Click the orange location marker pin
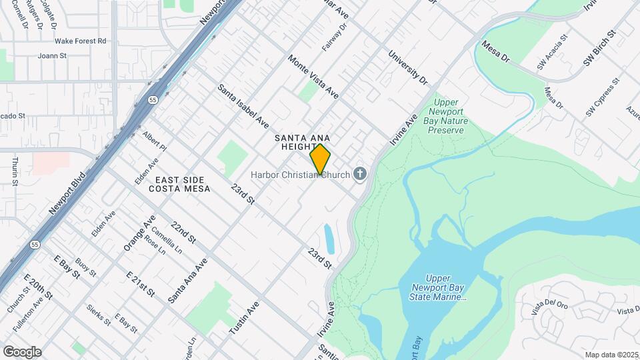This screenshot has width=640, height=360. [x=321, y=159]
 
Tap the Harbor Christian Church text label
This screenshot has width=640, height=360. [x=300, y=175]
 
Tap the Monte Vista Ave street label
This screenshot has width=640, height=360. [x=313, y=77]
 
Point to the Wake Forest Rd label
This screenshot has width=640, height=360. [x=81, y=41]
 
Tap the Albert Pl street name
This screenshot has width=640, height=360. [x=154, y=141]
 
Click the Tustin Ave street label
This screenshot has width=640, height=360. [x=243, y=318]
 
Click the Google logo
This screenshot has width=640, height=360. [x=22, y=351]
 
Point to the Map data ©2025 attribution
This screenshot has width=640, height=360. [x=611, y=355]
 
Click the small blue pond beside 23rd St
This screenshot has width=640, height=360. [x=329, y=239]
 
